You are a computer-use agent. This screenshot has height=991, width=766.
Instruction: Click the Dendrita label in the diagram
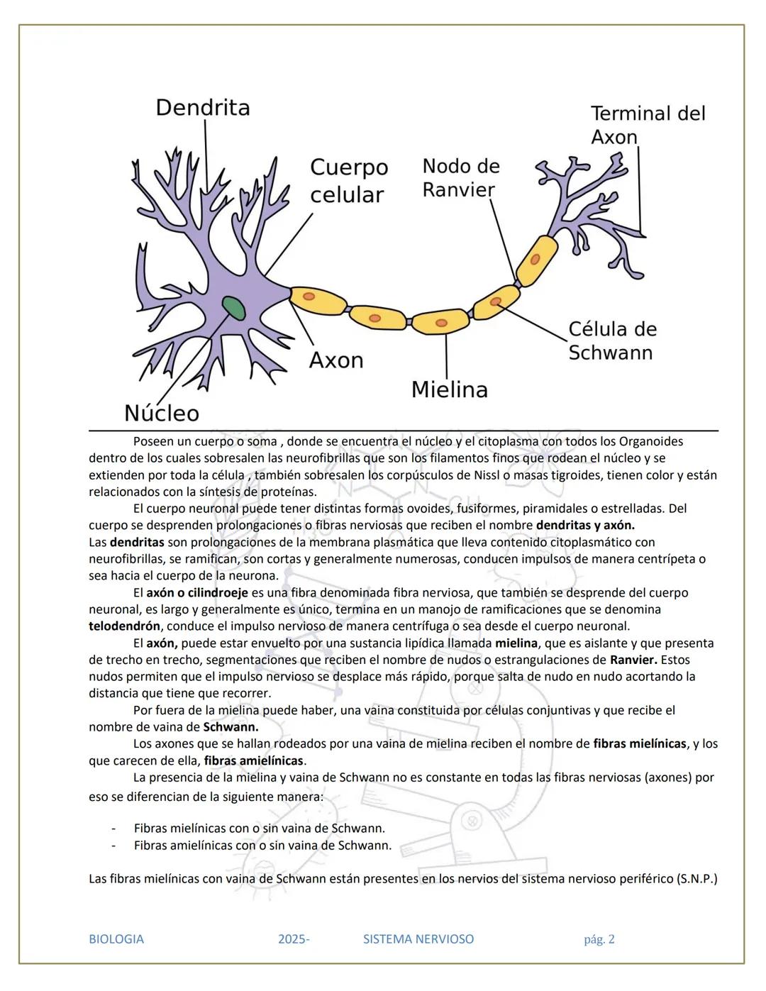coord(203,108)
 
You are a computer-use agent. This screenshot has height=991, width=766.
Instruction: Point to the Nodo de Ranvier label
coord(461,177)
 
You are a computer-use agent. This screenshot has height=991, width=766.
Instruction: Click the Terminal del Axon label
coord(648,125)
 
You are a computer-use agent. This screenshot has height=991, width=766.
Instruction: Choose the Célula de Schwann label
coord(613,341)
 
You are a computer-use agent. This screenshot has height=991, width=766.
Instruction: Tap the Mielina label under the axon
coord(450,389)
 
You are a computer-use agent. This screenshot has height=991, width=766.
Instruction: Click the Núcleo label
coord(162,413)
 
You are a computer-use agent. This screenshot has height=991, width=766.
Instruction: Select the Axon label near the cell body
coord(336,360)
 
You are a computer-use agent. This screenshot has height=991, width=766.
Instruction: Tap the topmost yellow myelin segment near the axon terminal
coord(536,259)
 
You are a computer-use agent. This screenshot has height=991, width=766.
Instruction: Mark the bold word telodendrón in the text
coord(124,626)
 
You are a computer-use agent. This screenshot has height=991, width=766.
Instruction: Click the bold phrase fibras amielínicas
coord(253,760)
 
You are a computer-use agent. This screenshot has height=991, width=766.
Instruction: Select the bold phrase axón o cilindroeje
coord(197,592)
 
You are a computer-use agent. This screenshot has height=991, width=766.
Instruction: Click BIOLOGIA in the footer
coord(116,939)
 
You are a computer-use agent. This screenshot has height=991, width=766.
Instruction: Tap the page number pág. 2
coord(599,939)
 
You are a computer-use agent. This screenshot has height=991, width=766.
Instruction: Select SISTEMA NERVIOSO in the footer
coord(418,939)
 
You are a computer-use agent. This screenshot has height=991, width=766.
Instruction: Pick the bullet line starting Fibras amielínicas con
coord(262,845)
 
